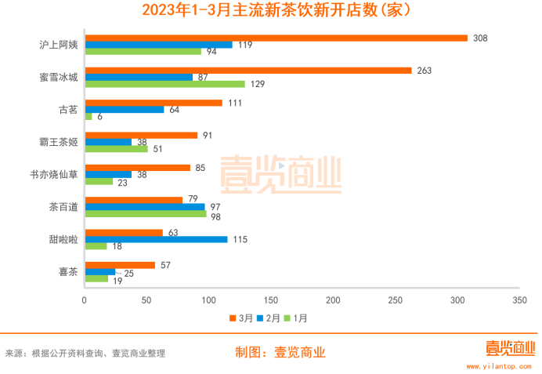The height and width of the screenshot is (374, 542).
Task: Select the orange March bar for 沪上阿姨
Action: tap(276, 38)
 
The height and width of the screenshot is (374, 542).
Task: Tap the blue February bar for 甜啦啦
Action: tap(156, 239)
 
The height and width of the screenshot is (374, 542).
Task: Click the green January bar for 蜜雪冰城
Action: tap(164, 84)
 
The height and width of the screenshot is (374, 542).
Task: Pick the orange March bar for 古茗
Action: tap(154, 103)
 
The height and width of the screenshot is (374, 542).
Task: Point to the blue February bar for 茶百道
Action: tap(145, 207)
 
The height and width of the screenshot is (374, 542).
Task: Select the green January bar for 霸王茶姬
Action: tap(116, 148)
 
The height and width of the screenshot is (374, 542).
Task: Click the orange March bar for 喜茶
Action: tap(120, 265)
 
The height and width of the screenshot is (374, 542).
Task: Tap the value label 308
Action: tap(481, 38)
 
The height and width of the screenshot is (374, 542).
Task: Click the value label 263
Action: tap(425, 71)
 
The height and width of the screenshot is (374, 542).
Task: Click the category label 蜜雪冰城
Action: tap(60, 77)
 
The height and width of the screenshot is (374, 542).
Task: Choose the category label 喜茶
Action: tap(68, 272)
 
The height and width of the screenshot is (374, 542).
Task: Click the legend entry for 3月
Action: tap(241, 318)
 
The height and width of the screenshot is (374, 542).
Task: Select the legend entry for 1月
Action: tap(298, 318)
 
